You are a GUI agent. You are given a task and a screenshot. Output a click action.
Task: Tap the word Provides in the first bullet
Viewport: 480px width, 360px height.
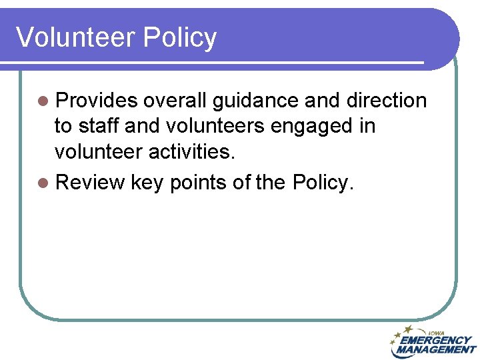97,101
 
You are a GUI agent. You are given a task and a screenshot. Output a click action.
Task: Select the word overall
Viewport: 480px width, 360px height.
175,101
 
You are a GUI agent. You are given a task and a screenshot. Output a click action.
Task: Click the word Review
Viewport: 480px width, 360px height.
90,182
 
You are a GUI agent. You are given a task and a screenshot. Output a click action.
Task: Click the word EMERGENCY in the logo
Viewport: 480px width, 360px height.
435,340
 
